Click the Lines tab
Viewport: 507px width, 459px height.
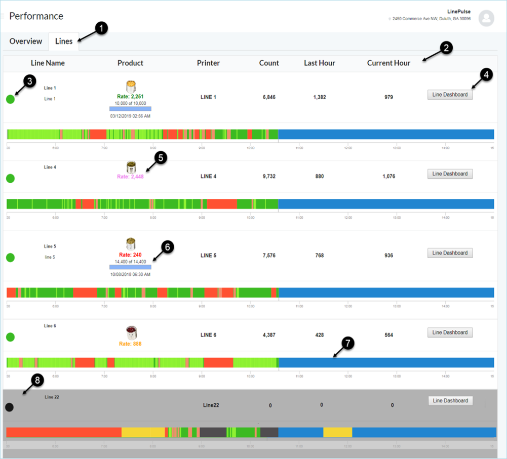pos(64,41)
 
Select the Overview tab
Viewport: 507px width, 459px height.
pos(26,41)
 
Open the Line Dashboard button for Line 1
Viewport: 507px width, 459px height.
pos(450,95)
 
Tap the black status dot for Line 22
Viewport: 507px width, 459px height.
pos(9,407)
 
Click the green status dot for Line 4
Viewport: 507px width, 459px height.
pos(10,178)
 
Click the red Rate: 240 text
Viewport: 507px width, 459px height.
pos(130,255)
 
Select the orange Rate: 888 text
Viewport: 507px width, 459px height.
pos(130,344)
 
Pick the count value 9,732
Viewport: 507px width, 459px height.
pos(268,177)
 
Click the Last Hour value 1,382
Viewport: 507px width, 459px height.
pos(319,97)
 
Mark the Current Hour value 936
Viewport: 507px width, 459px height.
pos(388,256)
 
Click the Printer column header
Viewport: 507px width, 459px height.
pos(208,63)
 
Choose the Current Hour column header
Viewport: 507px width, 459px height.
pos(388,63)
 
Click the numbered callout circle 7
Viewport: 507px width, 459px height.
pos(347,343)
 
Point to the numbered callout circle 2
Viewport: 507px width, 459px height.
pos(446,49)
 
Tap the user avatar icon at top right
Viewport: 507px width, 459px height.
pos(486,18)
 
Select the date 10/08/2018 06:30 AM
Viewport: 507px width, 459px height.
pos(130,274)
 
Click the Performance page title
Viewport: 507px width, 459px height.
pos(36,16)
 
